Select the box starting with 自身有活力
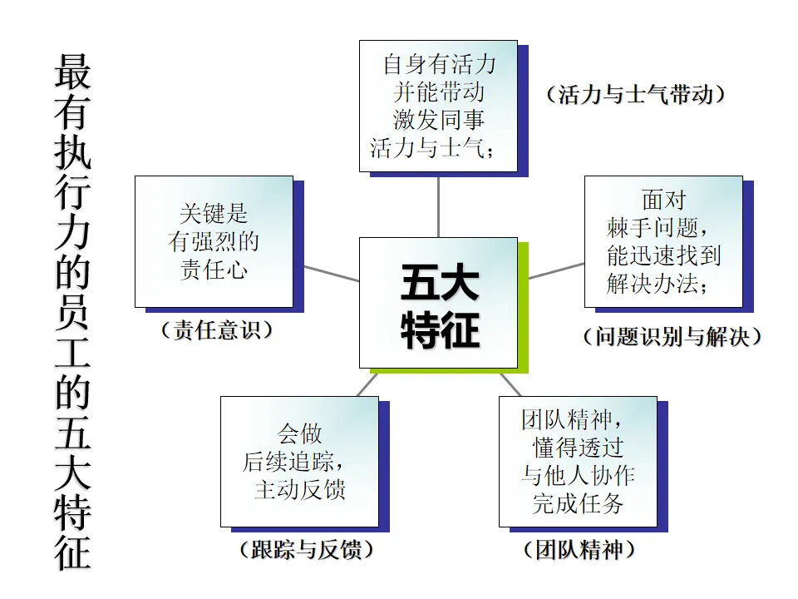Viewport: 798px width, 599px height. click(438, 106)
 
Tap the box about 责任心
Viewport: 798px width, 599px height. click(214, 241)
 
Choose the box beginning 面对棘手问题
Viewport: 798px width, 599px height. click(663, 241)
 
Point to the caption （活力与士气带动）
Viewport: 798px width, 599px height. click(636, 94)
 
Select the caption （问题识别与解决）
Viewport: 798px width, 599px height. click(671, 337)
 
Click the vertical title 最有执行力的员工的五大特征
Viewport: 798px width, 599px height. click(73, 312)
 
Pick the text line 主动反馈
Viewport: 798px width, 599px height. click(299, 488)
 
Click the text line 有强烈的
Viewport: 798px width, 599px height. click(214, 242)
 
